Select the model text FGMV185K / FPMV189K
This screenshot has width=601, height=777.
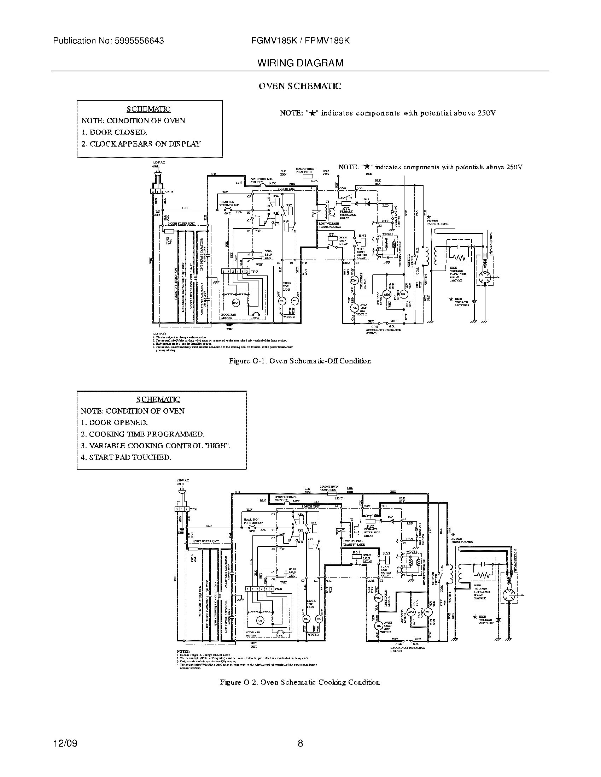pos(300,41)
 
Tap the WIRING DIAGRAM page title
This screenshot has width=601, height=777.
pos(300,63)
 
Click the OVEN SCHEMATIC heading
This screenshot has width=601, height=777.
pos(299,86)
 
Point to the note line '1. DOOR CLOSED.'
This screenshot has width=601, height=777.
pos(114,132)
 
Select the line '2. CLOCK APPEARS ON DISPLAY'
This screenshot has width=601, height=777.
pos(141,144)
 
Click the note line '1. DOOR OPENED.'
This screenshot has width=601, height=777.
pos(114,423)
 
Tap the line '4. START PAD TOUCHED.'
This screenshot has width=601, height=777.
pos(126,457)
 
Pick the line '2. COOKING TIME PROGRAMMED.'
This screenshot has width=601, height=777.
pos(142,434)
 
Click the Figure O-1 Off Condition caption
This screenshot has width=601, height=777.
pos(299,361)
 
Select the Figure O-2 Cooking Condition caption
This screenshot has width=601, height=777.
pos(300,682)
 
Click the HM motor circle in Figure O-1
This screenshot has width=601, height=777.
pos(236,303)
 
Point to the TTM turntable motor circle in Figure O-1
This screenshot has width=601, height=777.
pos(354,280)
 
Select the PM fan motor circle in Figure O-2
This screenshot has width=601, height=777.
pos(428,612)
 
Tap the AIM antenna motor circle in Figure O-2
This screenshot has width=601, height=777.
pos(411,612)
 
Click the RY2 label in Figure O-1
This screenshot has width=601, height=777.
pos(346,208)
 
